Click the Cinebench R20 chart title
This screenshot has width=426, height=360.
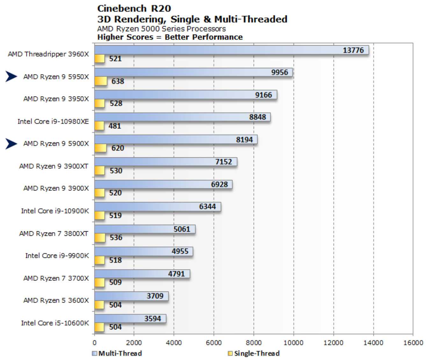click(134, 8)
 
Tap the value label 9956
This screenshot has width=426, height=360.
click(279, 72)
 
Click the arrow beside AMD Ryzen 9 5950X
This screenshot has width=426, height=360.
click(11, 76)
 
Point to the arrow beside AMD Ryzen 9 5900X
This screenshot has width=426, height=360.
click(11, 144)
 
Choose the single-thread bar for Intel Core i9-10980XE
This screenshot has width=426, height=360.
click(99, 126)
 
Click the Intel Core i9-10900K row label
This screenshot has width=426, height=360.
click(55, 211)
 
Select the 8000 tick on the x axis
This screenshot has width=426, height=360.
click(254, 343)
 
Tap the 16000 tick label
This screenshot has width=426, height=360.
click(413, 343)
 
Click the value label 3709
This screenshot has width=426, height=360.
click(155, 296)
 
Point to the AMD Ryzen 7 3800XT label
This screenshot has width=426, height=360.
click(54, 234)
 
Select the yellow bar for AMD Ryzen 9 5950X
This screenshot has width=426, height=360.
click(101, 81)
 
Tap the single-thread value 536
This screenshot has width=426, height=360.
click(116, 238)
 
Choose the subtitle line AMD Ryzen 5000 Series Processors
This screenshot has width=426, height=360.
click(161, 29)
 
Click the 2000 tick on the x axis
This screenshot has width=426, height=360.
click(134, 343)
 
